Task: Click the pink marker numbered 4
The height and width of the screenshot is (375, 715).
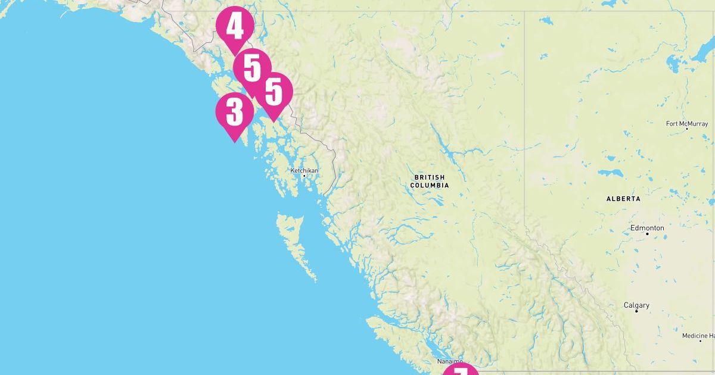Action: click(235, 27)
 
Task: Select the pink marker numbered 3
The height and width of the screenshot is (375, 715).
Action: click(234, 112)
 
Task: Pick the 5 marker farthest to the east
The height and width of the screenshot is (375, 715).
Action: click(273, 92)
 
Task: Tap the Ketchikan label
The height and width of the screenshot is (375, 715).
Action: click(304, 171)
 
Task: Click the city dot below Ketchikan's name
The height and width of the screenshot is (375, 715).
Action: click(304, 176)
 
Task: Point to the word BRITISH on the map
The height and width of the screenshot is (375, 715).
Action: click(430, 177)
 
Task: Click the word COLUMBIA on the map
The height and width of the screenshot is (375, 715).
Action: click(430, 186)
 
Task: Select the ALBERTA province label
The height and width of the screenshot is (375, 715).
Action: click(623, 199)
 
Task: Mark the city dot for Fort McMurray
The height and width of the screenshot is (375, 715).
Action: click(686, 129)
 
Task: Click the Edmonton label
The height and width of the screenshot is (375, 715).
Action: click(647, 228)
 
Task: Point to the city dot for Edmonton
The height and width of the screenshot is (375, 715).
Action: click(647, 233)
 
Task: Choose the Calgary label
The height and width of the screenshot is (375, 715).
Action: click(636, 305)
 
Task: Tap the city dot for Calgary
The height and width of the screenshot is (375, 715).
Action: click(636, 311)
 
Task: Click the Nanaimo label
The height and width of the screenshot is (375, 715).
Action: click(449, 361)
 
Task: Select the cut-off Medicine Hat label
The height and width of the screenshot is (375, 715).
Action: click(698, 336)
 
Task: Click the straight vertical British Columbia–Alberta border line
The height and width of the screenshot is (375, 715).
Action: click(524, 119)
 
